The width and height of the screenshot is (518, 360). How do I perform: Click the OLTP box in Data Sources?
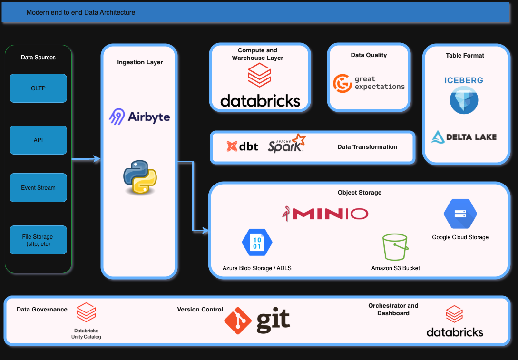38,88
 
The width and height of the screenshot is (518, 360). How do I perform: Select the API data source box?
38,140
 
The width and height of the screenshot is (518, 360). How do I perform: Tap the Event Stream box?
38,187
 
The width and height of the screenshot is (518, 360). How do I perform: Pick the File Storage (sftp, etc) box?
38,240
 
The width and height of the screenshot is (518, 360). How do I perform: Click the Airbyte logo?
139,117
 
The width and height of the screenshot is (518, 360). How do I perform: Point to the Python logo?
139,177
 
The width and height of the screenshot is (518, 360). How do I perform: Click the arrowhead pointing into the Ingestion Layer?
98,160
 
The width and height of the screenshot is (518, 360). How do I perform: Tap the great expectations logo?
369,83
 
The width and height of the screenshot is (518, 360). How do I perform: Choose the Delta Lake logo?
464,137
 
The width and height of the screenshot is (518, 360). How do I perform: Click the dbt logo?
243,146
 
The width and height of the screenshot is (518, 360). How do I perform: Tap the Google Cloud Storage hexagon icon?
460,214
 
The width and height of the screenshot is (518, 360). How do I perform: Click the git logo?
257,320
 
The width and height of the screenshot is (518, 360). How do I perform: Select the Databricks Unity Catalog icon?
86,313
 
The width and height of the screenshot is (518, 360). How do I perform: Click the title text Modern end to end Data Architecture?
81,12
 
